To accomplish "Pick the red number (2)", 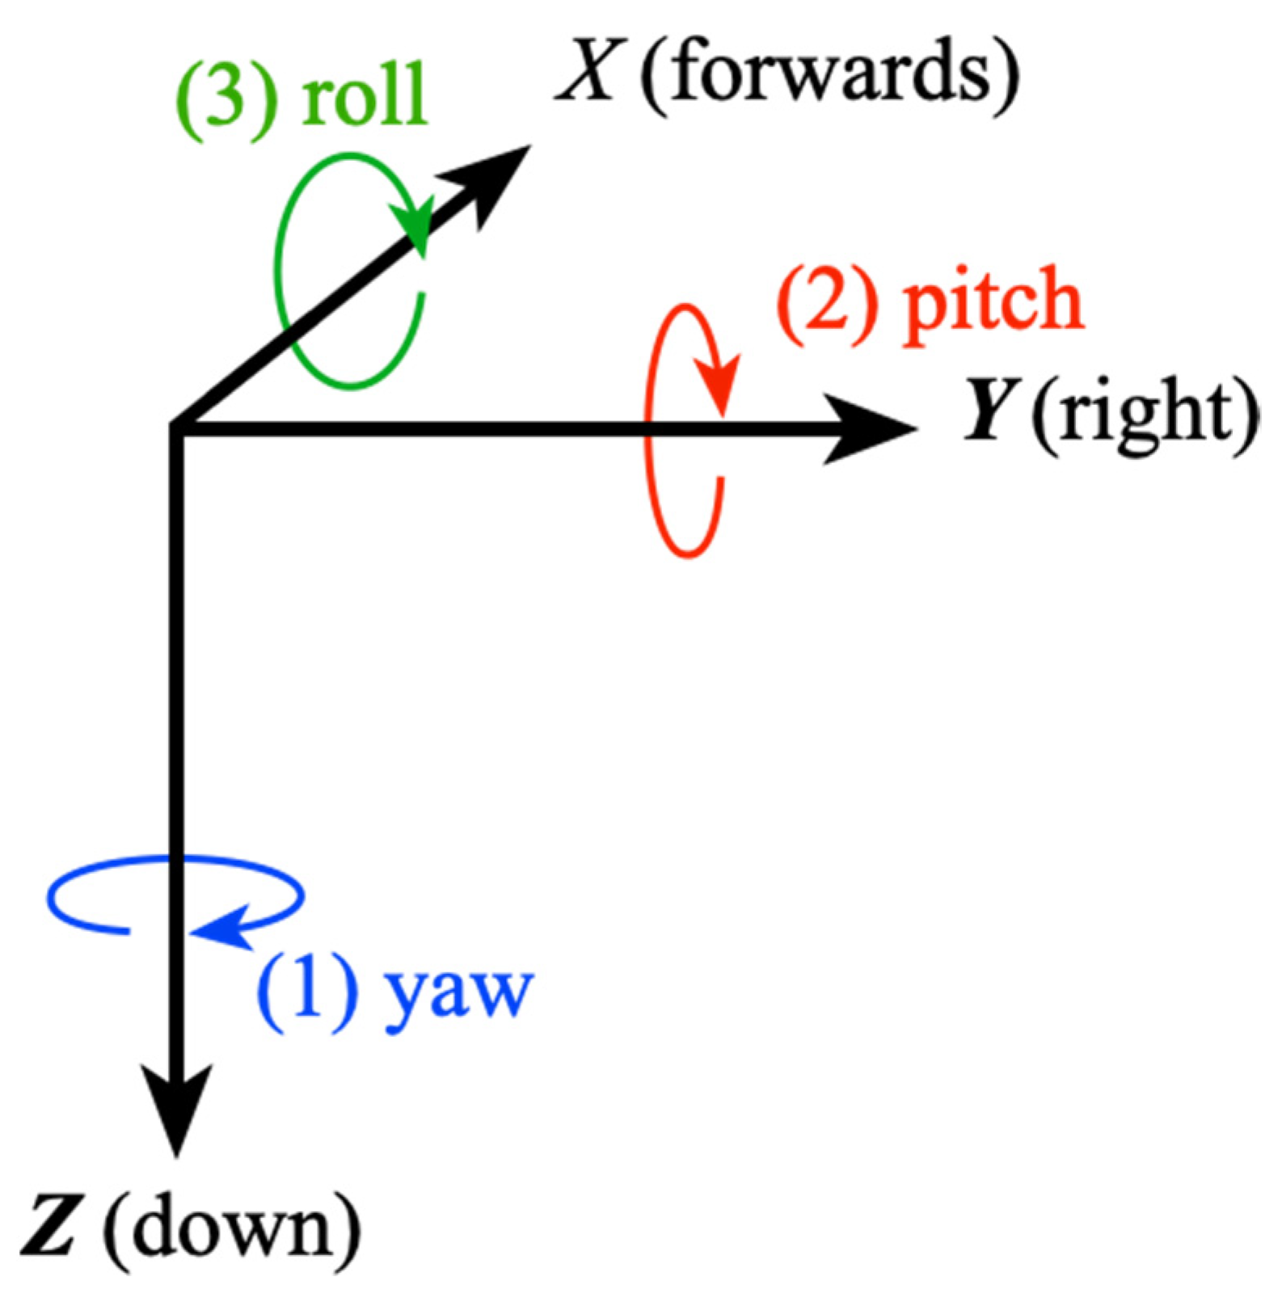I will (x=827, y=304).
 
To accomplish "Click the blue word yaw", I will (x=458, y=992).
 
